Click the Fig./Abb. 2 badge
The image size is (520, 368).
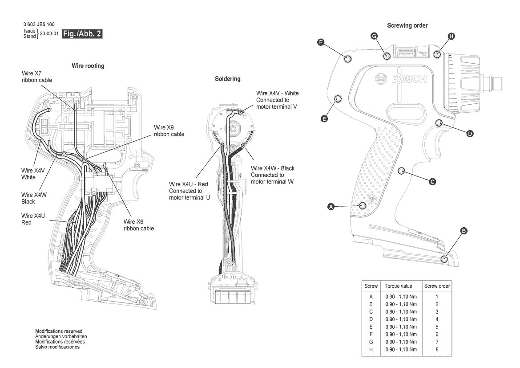[82, 33]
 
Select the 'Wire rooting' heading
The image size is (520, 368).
[88, 66]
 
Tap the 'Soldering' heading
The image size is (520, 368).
[227, 79]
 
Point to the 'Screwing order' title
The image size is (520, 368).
[407, 25]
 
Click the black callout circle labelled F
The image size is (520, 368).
[321, 42]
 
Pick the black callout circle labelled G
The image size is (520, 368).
[374, 36]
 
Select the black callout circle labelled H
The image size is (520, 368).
[451, 36]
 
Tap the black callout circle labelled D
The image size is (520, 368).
[470, 134]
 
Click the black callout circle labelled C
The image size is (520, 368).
[432, 182]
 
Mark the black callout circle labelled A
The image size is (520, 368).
[331, 207]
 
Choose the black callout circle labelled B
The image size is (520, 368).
[464, 231]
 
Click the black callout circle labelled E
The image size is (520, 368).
[324, 119]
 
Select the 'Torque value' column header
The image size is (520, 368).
[398, 286]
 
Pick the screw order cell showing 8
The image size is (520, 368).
[437, 349]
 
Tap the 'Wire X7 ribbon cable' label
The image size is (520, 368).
[37, 77]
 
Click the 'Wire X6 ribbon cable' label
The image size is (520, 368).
[139, 225]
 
